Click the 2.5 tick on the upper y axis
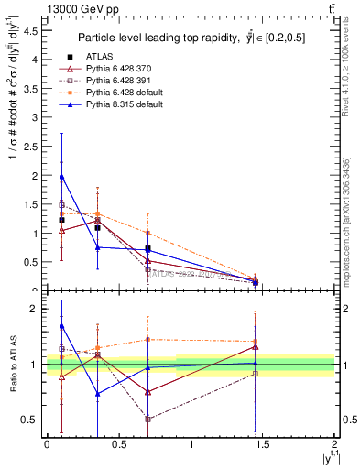[x=32, y=147]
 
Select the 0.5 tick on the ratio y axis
[x=32, y=420]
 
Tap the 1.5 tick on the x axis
[x=263, y=444]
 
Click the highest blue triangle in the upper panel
[x=61, y=177]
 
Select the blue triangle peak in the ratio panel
[x=61, y=325]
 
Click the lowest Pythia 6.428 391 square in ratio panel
[x=147, y=419]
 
